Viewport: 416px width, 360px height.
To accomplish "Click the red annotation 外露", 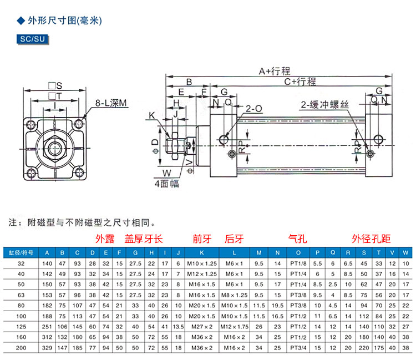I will (105, 239).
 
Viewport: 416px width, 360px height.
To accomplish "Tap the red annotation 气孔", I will (297, 239).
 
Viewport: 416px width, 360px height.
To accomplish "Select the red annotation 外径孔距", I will (371, 239).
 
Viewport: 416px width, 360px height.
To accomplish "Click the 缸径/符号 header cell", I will (22, 252).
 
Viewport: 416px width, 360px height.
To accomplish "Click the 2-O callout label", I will (253, 110).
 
